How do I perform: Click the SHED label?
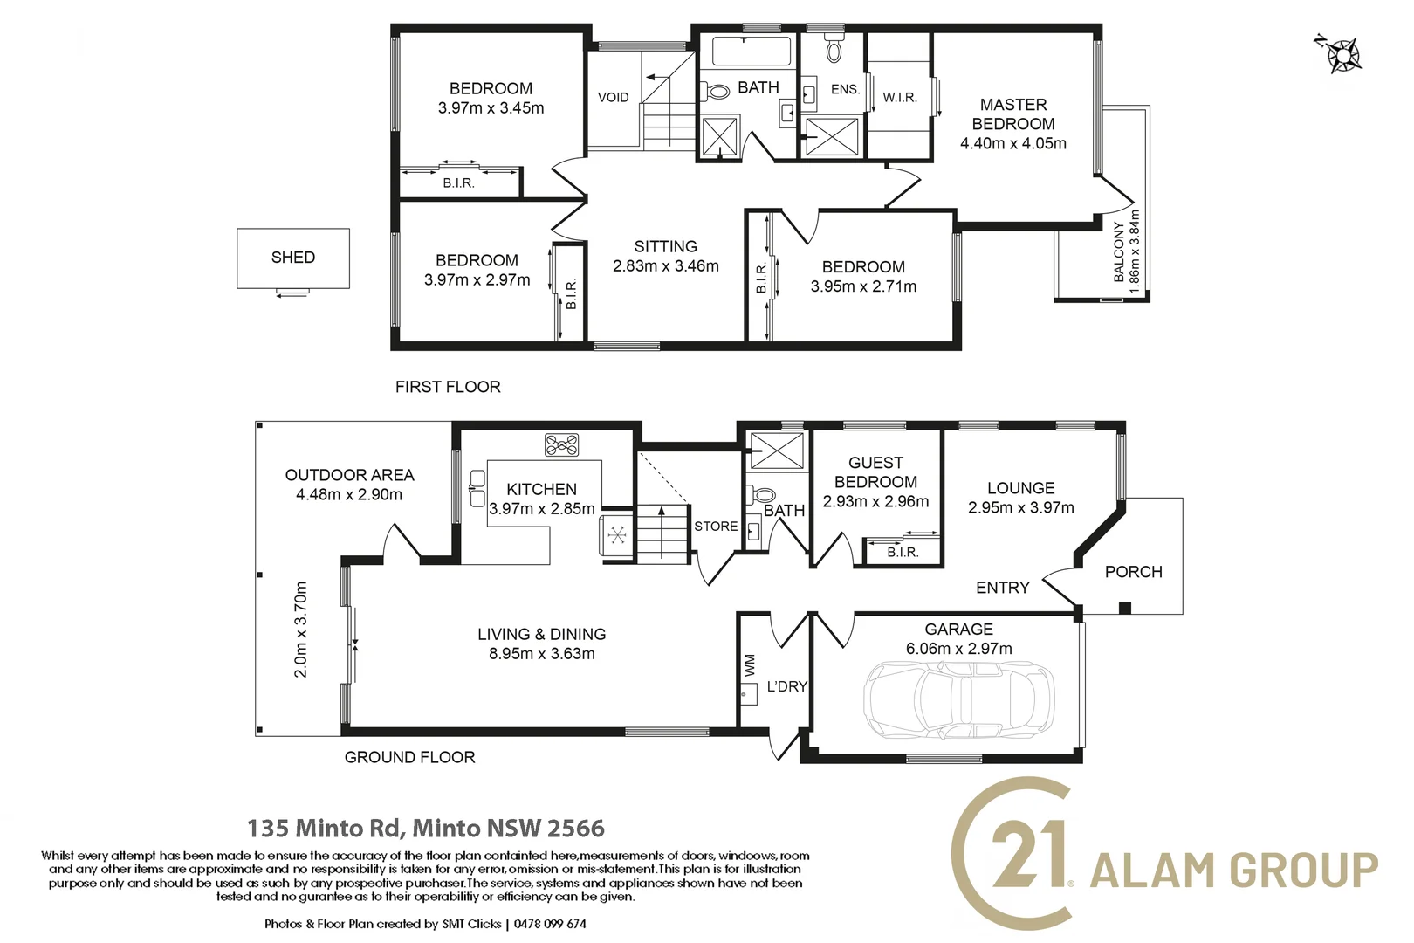coord(292,258)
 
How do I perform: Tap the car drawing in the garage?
coord(958,699)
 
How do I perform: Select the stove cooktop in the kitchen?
coord(561,444)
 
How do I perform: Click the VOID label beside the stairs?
coord(613,97)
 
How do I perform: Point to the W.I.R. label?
coord(899,98)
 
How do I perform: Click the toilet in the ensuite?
coord(834,49)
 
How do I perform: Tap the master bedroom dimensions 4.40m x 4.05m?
coord(1012,144)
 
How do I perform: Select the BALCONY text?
coord(1119,251)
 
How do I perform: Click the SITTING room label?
coord(665,247)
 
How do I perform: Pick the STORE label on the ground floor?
coord(716,527)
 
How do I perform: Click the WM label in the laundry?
coord(750,665)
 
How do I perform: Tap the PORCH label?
coord(1133,572)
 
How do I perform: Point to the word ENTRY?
coord(1002,588)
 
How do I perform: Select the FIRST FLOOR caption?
coord(448,387)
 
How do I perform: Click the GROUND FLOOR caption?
coord(409,757)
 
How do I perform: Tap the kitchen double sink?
coord(477,488)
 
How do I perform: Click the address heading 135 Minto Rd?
coord(324,828)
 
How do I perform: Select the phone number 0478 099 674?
coord(550,924)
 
